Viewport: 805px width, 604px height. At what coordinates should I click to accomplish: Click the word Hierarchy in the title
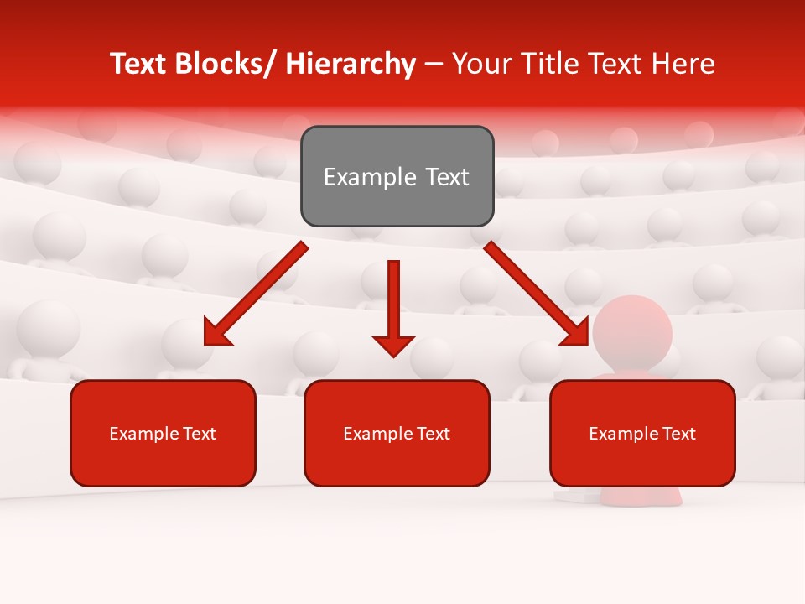point(351,64)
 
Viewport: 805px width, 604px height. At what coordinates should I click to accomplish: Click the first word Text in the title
point(138,64)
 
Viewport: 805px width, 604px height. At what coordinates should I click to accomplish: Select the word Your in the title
point(480,64)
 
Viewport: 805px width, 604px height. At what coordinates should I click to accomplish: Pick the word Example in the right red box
point(620,434)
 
